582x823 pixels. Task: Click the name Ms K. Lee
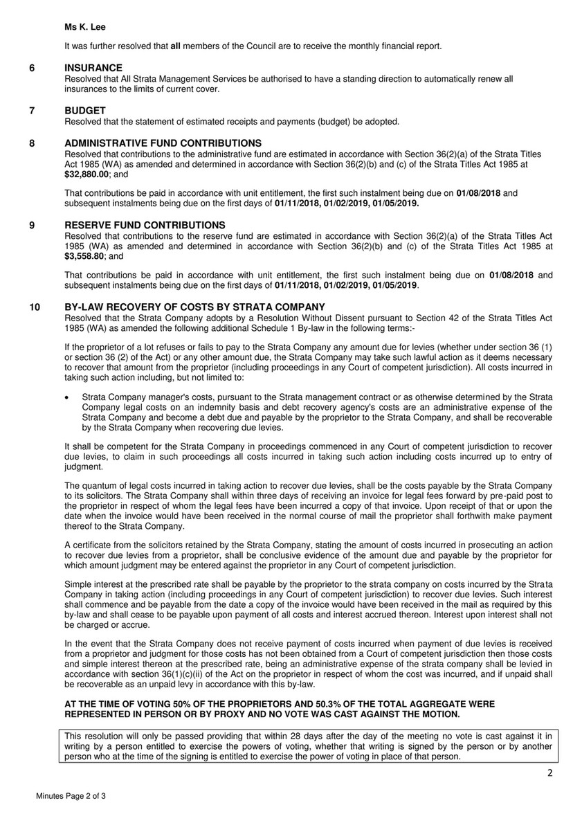(x=80, y=26)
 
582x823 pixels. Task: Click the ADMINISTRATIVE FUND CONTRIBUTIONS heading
(x=158, y=143)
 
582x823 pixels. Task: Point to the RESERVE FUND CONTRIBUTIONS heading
(x=145, y=225)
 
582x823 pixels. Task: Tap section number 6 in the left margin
(x=32, y=67)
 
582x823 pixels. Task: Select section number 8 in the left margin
(x=32, y=143)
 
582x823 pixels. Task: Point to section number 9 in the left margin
(x=32, y=225)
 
